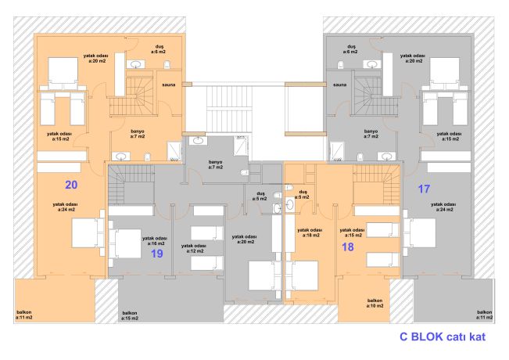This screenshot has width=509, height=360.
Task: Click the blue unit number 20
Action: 71,185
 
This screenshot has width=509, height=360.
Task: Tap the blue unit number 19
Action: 157,254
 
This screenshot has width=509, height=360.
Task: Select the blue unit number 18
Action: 348,247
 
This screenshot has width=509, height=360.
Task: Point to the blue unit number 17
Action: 424,189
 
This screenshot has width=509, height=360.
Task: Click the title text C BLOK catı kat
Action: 443,337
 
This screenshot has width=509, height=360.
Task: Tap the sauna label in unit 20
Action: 169,85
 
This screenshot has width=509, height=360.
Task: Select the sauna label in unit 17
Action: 340,85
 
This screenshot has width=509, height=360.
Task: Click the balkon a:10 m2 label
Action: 375,303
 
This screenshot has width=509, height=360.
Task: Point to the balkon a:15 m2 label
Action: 130,315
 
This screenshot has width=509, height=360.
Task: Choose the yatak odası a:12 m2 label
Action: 194,249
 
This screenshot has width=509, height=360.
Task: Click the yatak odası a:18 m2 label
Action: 310,232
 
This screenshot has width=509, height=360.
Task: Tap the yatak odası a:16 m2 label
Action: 155,241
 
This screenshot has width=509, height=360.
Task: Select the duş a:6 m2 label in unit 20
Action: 159,49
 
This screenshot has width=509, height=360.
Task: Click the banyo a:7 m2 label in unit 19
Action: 216,164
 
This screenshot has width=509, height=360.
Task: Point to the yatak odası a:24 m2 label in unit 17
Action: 443,207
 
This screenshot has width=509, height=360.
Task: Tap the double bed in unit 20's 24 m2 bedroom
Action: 88,233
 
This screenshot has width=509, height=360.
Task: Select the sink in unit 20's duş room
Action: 135,64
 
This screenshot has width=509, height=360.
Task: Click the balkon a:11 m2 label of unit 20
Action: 24,315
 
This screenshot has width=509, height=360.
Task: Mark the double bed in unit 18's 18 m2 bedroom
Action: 302,275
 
